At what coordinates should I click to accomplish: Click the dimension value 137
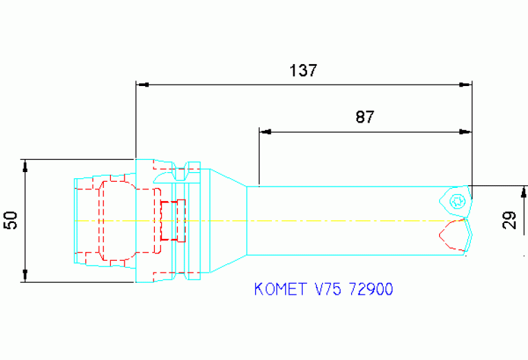(303, 71)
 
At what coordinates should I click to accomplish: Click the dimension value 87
(365, 117)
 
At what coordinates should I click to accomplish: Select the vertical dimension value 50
(11, 220)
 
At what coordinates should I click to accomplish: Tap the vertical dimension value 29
(509, 220)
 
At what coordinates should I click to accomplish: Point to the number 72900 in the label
(371, 289)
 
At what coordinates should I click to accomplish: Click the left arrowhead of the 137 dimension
(142, 85)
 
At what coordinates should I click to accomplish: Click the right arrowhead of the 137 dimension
(466, 85)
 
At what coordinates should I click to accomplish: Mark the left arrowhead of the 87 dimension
(264, 131)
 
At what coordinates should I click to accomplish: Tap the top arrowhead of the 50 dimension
(25, 165)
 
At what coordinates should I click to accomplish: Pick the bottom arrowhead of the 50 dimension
(25, 277)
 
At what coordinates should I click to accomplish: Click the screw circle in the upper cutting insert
(456, 202)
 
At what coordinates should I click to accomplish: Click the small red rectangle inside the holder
(173, 220)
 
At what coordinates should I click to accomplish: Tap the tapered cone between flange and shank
(227, 220)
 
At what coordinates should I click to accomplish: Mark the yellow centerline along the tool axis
(310, 220)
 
